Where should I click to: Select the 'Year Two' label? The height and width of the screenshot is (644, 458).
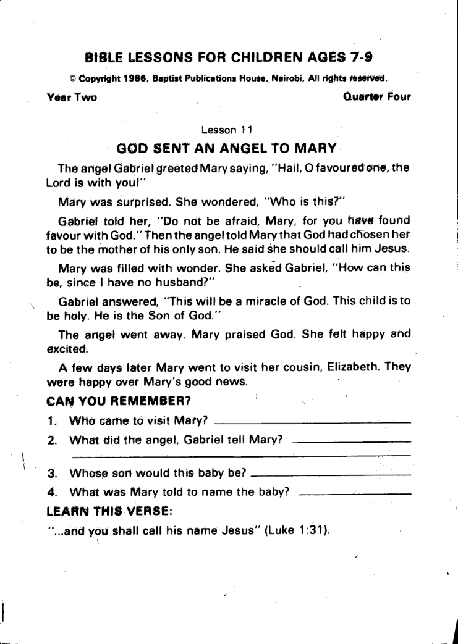(x=72, y=97)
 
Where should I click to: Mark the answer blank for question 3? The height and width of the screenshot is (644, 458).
(x=332, y=475)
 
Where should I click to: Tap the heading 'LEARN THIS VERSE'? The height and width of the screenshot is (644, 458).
(x=109, y=511)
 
